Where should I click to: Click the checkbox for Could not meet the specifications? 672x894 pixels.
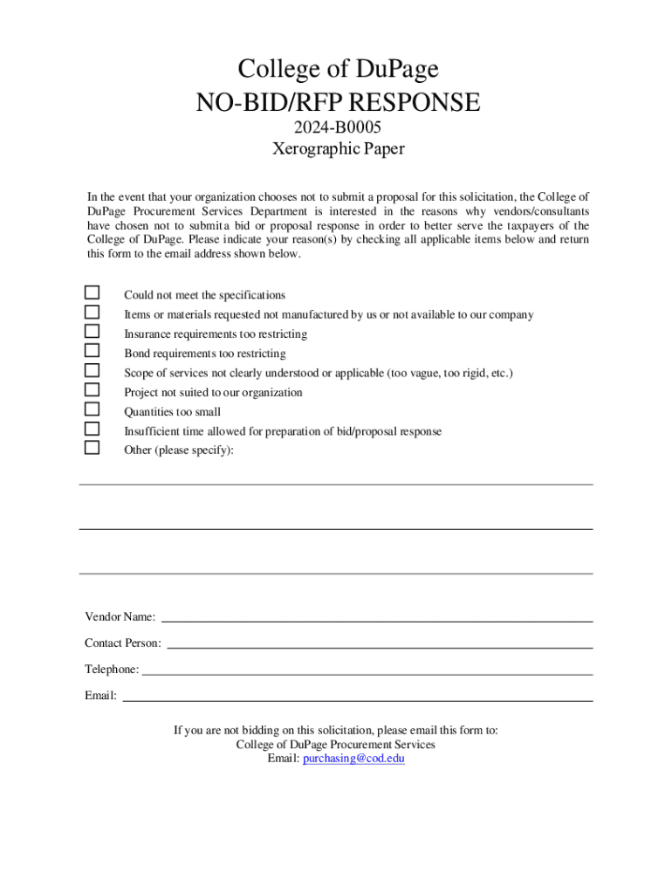pyautogui.click(x=92, y=293)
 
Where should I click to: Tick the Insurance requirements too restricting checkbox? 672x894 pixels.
pyautogui.click(x=92, y=332)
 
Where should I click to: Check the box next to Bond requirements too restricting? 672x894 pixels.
pyautogui.click(x=92, y=351)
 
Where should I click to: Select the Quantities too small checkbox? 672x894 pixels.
pyautogui.click(x=92, y=409)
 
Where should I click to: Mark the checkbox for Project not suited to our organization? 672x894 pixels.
pyautogui.click(x=92, y=390)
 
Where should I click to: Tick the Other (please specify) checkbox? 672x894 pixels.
pyautogui.click(x=92, y=448)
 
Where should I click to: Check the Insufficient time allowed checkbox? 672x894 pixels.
pyautogui.click(x=92, y=429)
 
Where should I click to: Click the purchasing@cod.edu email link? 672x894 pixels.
pyautogui.click(x=353, y=760)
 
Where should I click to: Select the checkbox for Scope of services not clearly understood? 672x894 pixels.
pyautogui.click(x=92, y=371)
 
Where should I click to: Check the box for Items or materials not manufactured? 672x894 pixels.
pyautogui.click(x=92, y=313)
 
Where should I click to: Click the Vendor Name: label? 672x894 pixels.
pyautogui.click(x=120, y=617)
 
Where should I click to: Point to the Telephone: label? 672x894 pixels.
pyautogui.click(x=111, y=670)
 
